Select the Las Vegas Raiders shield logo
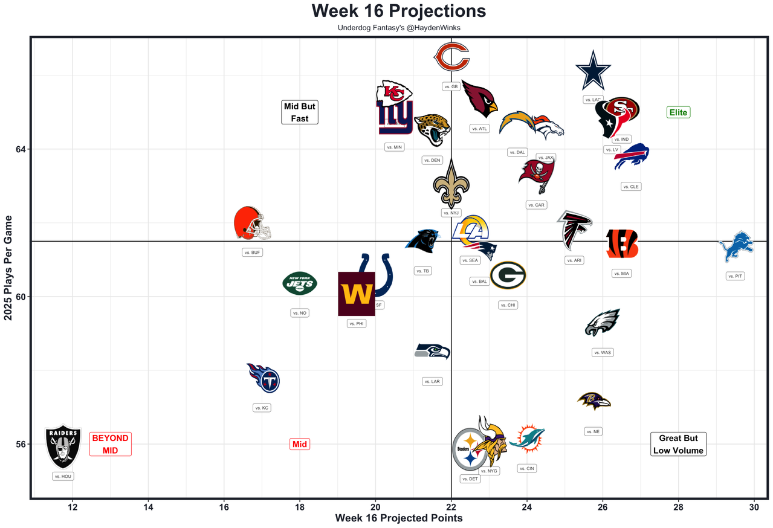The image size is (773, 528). coord(63,447)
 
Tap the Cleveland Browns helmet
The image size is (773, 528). coord(251,224)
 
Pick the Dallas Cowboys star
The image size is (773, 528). coord(592,70)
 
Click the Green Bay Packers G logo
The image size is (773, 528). coord(508,275)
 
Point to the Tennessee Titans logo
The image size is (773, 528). coord(264,378)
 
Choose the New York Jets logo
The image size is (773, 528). coord(300,283)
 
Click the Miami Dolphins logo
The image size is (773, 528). coord(527,439)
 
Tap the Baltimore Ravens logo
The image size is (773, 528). coord(593,401)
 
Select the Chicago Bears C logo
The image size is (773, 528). coord(451,57)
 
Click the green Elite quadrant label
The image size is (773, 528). coord(678,112)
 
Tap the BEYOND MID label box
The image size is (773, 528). coord(110,444)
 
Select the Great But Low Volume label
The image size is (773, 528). coord(678,444)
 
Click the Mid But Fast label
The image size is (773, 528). coord(300,112)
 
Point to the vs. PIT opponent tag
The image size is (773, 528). coord(735,276)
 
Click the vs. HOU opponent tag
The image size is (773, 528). coord(63,476)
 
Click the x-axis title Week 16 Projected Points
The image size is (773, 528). coord(399,518)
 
